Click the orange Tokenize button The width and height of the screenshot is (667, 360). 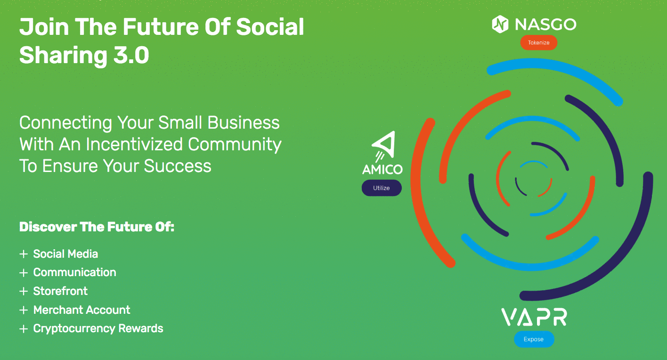coord(539,42)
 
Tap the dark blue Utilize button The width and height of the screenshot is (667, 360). coord(382,188)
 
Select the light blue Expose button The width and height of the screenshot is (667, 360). coord(534,339)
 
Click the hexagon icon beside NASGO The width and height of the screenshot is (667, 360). coord(500,24)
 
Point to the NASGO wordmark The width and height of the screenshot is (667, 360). coord(545,25)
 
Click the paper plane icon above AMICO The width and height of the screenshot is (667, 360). coord(383,147)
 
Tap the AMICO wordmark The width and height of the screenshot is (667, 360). coord(382,170)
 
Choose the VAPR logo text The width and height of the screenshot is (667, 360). coord(534,318)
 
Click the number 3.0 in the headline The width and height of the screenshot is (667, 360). coord(131,56)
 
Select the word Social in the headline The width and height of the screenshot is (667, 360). coord(270,27)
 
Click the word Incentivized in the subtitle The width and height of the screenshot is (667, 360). coord(134,144)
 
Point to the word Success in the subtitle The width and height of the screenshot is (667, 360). coord(178,166)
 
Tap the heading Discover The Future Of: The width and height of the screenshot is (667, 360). coord(97,227)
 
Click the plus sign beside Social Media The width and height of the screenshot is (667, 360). coord(24,254)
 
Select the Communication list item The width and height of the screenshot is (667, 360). coord(74,272)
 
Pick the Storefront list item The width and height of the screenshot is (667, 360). coord(60,291)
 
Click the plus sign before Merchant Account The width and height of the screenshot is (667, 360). coord(24,310)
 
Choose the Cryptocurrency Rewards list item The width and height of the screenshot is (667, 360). coord(98,329)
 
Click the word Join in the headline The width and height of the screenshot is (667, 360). coord(44,27)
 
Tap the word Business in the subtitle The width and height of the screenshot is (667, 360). coord(243,123)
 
